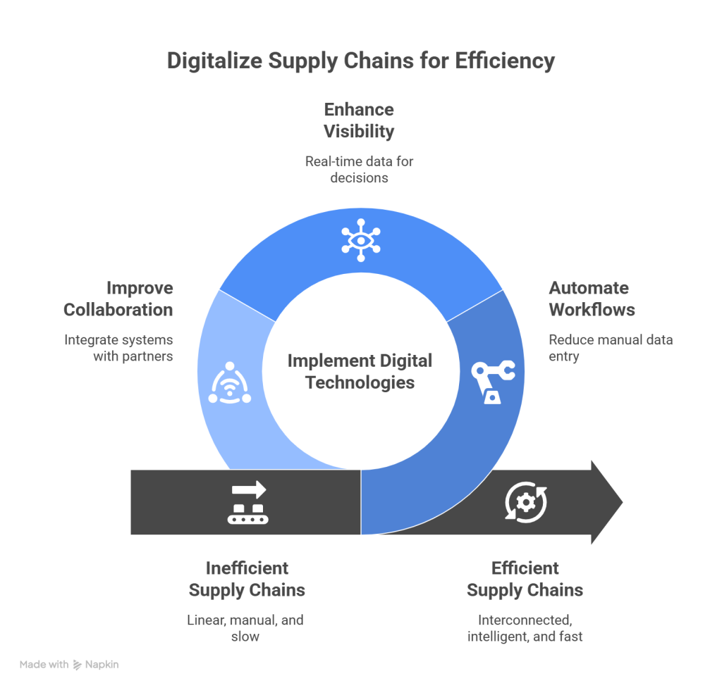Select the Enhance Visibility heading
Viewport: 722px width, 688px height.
[x=358, y=120]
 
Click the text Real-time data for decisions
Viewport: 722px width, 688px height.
[x=358, y=169]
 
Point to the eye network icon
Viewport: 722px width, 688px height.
[x=360, y=238]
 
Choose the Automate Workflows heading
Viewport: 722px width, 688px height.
[x=591, y=299]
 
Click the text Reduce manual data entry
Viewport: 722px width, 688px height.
[x=610, y=348]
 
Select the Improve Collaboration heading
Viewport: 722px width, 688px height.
[x=118, y=299]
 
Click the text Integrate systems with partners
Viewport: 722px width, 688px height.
[x=118, y=348]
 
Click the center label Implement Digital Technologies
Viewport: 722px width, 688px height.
[x=360, y=372]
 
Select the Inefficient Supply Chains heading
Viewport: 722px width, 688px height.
[x=246, y=578]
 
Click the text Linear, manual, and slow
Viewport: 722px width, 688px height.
[x=245, y=628]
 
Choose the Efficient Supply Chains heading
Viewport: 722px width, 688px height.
[x=525, y=578]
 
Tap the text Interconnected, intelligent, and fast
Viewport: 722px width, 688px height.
[x=525, y=628]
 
